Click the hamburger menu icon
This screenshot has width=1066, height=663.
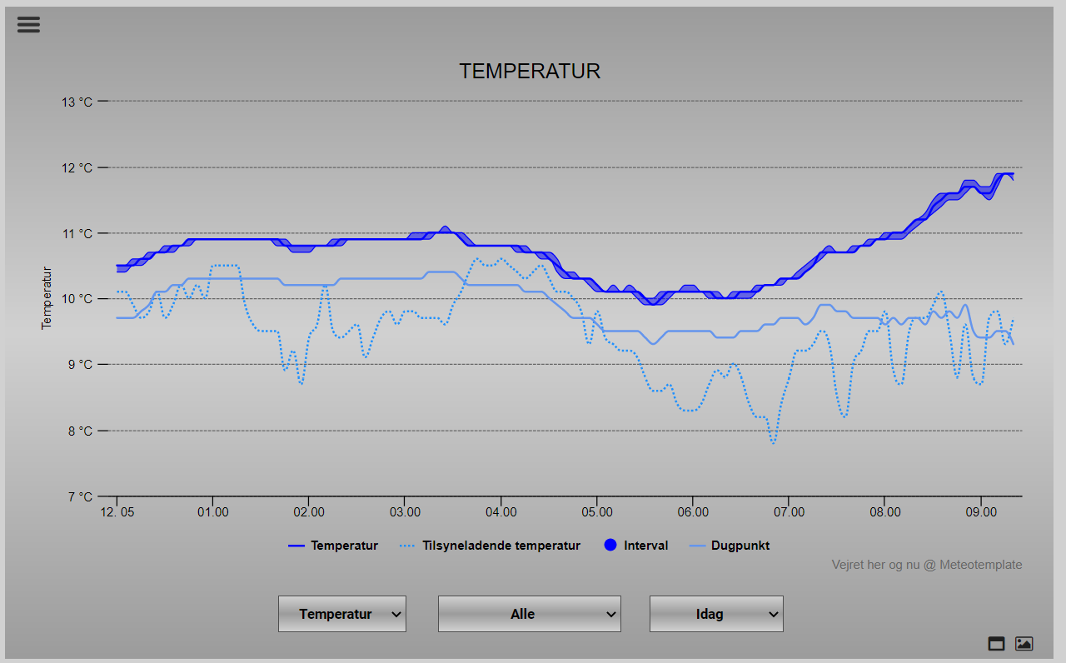(28, 24)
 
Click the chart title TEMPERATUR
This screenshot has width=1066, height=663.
(530, 72)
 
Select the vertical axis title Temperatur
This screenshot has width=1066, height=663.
(47, 298)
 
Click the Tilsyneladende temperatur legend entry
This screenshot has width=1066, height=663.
(501, 546)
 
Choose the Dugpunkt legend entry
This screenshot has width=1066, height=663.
(740, 546)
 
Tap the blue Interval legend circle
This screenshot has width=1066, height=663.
(610, 546)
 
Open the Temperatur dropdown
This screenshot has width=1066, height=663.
(342, 614)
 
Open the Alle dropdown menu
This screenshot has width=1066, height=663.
(530, 614)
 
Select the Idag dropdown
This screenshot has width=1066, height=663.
(716, 614)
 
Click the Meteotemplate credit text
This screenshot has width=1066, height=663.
(926, 565)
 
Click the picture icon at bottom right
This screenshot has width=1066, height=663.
(1024, 644)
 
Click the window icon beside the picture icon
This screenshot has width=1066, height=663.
(996, 644)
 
